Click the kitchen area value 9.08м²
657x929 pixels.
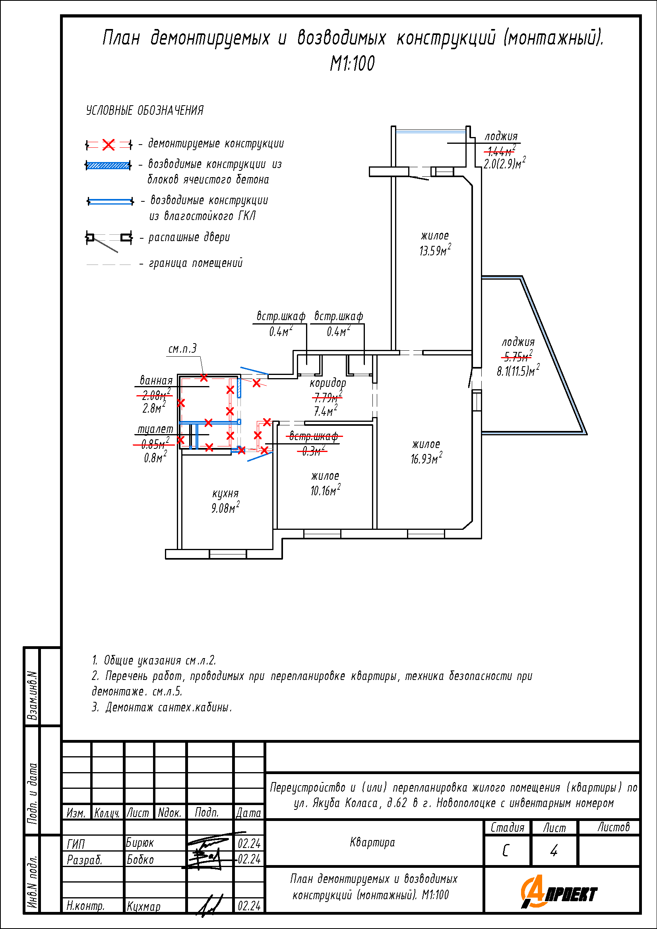[225, 507]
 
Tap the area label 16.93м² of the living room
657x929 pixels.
[426, 458]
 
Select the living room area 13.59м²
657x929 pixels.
[435, 250]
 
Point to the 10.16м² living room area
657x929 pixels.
[326, 490]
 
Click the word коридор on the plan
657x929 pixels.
[328, 382]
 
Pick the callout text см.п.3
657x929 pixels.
[182, 348]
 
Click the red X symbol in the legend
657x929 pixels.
[109, 145]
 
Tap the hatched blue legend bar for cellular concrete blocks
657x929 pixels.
[108, 165]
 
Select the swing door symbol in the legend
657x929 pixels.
[109, 241]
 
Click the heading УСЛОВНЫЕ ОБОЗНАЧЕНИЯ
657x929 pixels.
[145, 110]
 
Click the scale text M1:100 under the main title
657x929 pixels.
[352, 64]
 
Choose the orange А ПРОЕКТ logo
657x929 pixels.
[559, 891]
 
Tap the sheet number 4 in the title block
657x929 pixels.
[554, 850]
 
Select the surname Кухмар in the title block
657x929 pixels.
[144, 906]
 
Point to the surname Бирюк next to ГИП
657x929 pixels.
[140, 843]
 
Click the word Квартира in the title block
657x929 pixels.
[372, 842]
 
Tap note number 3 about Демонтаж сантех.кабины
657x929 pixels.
[162, 707]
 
